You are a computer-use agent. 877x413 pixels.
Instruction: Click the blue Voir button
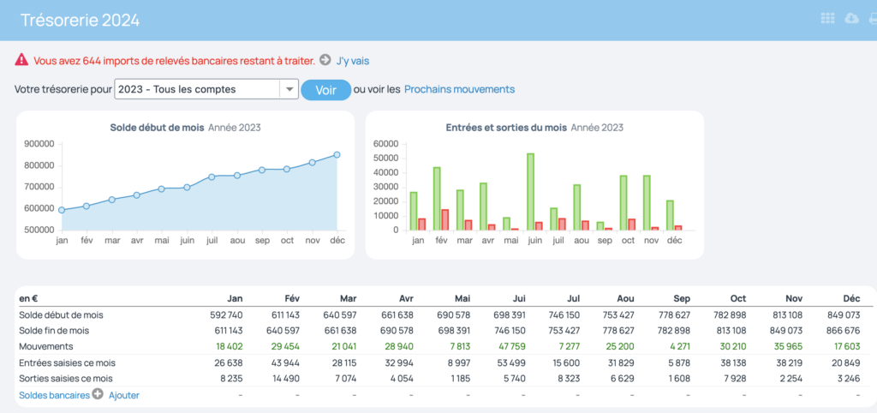point(326,90)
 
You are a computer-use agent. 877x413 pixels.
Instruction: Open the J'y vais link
point(352,61)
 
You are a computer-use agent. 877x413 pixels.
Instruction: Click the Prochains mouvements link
point(459,89)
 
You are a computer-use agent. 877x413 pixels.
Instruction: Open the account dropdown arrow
point(289,89)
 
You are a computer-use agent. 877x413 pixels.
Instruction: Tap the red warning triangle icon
point(21,59)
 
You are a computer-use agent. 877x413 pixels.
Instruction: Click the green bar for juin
point(530,191)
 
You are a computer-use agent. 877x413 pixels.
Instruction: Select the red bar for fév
point(445,220)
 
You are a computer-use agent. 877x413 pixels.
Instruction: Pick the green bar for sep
point(600,226)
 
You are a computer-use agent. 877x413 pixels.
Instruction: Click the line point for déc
point(337,155)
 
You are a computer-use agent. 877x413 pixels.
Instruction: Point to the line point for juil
point(212,177)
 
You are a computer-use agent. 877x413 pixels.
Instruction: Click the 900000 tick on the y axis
point(39,144)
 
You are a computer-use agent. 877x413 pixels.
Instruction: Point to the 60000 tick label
point(385,144)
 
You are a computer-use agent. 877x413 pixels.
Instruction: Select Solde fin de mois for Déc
point(845,331)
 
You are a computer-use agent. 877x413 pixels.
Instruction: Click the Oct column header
point(738,298)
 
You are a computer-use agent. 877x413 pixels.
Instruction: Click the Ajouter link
point(124,395)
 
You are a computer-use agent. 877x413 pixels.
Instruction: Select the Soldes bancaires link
point(54,395)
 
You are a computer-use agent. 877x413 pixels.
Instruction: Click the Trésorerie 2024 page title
point(80,21)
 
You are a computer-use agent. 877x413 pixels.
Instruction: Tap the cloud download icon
point(851,19)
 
